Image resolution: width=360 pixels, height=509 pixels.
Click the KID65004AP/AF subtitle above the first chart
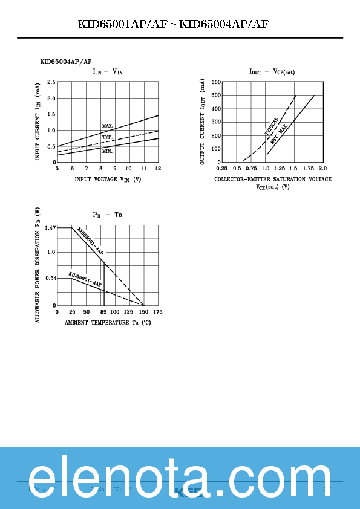click(x=66, y=62)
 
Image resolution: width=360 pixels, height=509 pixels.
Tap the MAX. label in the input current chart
click(x=108, y=126)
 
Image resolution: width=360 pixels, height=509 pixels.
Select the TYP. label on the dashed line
click(x=107, y=137)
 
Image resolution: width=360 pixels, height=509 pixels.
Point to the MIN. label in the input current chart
click(x=107, y=151)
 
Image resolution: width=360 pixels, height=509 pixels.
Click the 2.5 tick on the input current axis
click(x=51, y=82)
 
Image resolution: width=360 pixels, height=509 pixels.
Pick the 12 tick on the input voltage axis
click(x=158, y=168)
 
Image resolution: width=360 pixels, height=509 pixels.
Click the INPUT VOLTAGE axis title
click(x=108, y=180)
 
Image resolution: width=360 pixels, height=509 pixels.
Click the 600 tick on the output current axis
click(x=216, y=82)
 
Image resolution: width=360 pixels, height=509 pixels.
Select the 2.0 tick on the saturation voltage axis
click(x=322, y=168)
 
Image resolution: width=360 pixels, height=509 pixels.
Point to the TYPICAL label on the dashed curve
click(x=272, y=126)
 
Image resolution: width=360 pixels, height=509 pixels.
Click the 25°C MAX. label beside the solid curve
click(x=279, y=133)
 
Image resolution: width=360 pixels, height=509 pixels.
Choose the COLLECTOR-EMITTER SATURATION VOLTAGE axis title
click(x=273, y=180)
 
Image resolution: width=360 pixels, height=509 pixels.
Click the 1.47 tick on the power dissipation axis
click(x=50, y=228)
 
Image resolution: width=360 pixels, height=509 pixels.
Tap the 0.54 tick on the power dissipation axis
click(x=50, y=279)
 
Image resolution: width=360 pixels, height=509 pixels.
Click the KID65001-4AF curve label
click(x=85, y=279)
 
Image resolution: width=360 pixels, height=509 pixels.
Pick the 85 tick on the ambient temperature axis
click(x=103, y=311)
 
